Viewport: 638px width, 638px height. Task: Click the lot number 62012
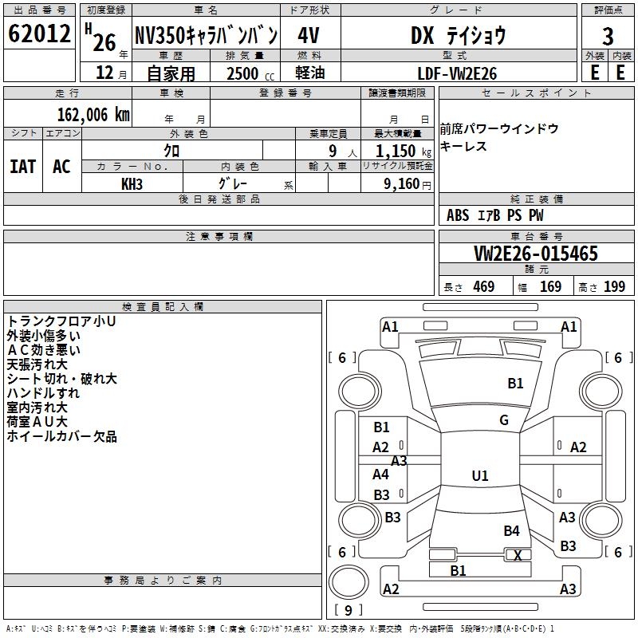pyautogui.click(x=39, y=34)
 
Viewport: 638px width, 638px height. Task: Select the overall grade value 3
pyautogui.click(x=608, y=37)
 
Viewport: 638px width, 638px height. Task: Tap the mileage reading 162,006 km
pyautogui.click(x=93, y=114)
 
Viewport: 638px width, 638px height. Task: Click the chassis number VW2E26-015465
pyautogui.click(x=535, y=254)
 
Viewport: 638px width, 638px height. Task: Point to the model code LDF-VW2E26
pyautogui.click(x=458, y=73)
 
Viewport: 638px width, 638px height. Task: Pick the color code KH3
pyautogui.click(x=132, y=183)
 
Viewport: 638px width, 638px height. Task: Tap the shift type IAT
pyautogui.click(x=23, y=166)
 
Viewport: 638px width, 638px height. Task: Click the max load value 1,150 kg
pyautogui.click(x=397, y=150)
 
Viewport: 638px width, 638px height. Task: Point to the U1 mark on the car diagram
pyautogui.click(x=480, y=476)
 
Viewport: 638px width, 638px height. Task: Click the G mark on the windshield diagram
pyautogui.click(x=504, y=420)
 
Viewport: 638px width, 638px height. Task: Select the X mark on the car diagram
pyautogui.click(x=518, y=556)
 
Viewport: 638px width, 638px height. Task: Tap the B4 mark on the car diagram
pyautogui.click(x=511, y=531)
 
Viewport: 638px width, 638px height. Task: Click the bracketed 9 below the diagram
pyautogui.click(x=348, y=610)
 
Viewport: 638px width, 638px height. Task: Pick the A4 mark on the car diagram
pyautogui.click(x=381, y=475)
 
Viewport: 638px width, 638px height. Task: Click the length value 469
pyautogui.click(x=483, y=287)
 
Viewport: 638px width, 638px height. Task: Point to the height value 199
pyautogui.click(x=614, y=287)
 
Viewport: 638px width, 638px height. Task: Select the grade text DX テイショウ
pyautogui.click(x=458, y=35)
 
